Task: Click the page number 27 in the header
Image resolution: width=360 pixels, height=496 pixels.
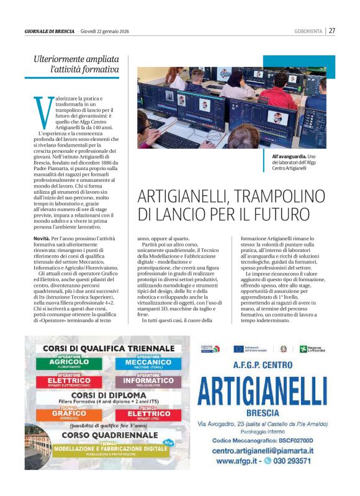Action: pyautogui.click(x=332, y=30)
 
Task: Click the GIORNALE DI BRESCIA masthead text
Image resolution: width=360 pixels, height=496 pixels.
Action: pyautogui.click(x=49, y=30)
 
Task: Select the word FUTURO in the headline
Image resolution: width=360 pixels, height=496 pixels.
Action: pyautogui.click(x=316, y=215)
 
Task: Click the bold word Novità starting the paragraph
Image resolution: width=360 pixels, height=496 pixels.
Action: pyautogui.click(x=41, y=238)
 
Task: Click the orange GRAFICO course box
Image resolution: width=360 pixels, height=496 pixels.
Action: pyautogui.click(x=70, y=413)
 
